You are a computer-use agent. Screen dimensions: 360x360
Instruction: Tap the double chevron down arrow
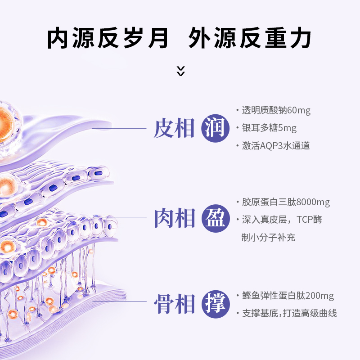tap(180, 71)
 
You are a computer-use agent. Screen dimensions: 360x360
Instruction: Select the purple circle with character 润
tap(213, 129)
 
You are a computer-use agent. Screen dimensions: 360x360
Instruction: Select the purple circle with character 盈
tap(213, 219)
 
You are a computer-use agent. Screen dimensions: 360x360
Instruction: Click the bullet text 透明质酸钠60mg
tap(276, 111)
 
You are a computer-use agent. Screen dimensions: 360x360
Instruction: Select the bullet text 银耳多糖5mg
tap(269, 128)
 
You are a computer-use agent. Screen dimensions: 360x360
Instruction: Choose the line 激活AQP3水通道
tap(275, 146)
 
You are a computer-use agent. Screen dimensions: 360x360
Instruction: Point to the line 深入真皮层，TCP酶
tap(282, 220)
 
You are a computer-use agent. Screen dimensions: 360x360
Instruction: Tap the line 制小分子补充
tap(268, 237)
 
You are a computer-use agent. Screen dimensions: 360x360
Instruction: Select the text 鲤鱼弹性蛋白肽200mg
tap(288, 296)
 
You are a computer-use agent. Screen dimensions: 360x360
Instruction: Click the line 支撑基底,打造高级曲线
tap(289, 314)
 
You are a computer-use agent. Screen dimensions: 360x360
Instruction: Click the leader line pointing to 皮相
tap(121, 129)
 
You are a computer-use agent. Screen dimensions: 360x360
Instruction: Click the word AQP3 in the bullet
tap(269, 146)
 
